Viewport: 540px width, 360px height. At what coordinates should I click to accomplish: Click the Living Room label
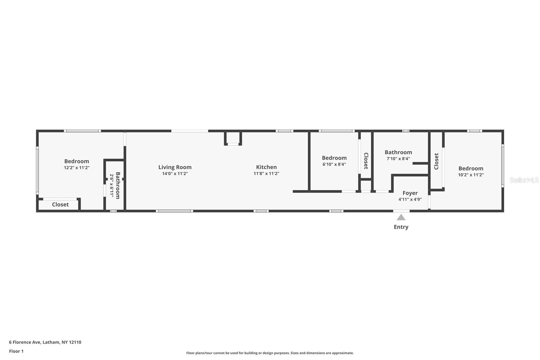pos(175,167)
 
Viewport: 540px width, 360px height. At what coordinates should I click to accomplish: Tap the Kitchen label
pos(266,167)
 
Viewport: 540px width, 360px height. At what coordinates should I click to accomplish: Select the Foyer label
pos(410,193)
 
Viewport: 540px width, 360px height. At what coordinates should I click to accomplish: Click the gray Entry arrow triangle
pos(401,217)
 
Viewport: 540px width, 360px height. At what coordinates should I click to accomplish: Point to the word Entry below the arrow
pos(401,227)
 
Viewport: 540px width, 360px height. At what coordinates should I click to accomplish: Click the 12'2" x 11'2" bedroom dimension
pos(77,168)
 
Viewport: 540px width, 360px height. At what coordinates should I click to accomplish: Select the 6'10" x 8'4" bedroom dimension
pos(334,164)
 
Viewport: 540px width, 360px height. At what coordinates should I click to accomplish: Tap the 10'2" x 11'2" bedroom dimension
pos(471,175)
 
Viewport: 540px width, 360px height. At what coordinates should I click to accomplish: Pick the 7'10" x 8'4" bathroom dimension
pos(398,159)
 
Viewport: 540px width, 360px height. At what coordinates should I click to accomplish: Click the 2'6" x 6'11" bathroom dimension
pos(112,185)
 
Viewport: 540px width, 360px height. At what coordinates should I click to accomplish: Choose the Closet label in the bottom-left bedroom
pos(60,204)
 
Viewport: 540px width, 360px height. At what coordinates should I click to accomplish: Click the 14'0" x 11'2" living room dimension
pos(175,174)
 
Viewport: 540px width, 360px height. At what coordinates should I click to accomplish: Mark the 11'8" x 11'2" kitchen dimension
pos(266,174)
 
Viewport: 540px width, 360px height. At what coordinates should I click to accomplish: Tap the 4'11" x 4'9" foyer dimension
pos(410,199)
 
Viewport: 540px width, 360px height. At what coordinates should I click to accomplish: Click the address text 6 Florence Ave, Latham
pos(45,342)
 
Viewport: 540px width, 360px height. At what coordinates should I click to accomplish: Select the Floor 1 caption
pos(16,351)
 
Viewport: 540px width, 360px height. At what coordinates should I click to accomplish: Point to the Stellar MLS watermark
pos(524,180)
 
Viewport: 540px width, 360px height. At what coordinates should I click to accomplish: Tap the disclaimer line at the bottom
pos(270,353)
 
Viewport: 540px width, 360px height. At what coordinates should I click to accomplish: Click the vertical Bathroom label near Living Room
pos(118,185)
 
